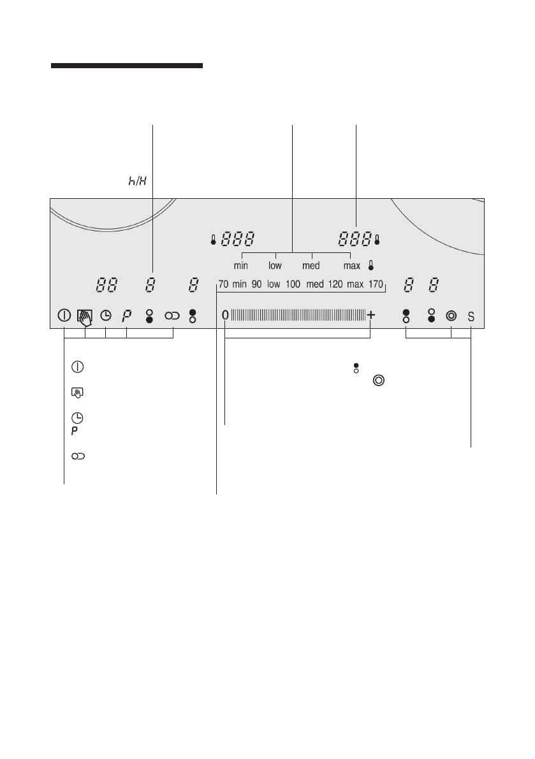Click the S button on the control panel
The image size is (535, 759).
pyautogui.click(x=471, y=317)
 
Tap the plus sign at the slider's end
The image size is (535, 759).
pyautogui.click(x=371, y=315)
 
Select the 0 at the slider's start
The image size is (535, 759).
pyautogui.click(x=225, y=315)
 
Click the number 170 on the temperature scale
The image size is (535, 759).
pyautogui.click(x=376, y=284)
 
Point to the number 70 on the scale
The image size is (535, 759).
pyautogui.click(x=223, y=284)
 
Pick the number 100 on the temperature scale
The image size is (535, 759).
pyautogui.click(x=293, y=284)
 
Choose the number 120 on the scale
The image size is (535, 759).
pyautogui.click(x=335, y=284)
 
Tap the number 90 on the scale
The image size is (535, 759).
pyautogui.click(x=256, y=284)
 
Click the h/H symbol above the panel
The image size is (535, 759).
pyautogui.click(x=137, y=181)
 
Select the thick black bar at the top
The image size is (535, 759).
pyautogui.click(x=127, y=66)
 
